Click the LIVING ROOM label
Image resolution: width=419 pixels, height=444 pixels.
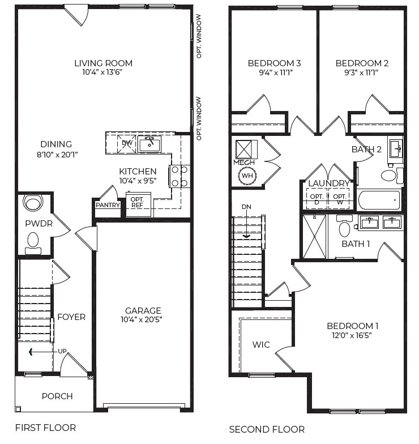click(103, 63)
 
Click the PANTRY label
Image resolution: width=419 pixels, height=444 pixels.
click(108, 205)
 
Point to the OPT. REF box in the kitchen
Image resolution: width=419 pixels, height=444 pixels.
click(137, 203)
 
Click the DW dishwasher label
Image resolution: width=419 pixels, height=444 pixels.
click(127, 143)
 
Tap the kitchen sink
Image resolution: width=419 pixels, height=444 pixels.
click(150, 144)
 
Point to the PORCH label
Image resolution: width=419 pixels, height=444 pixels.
click(57, 396)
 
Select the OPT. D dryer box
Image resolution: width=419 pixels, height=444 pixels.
click(316, 199)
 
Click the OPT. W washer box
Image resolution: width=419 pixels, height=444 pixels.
click(339, 199)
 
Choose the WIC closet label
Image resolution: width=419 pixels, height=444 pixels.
click(261, 344)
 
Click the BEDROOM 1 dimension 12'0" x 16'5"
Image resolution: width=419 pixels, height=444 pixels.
click(352, 335)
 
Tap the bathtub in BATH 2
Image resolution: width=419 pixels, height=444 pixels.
click(379, 200)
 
